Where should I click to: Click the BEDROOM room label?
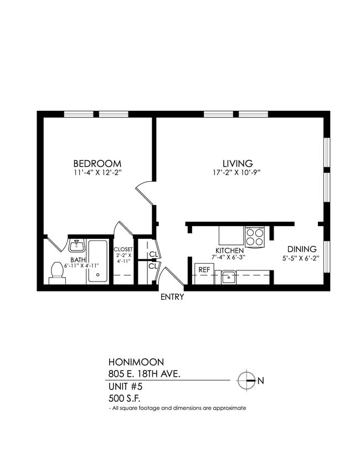coord(97,163)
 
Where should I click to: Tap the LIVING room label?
coord(238,163)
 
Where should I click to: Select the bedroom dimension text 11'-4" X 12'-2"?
coord(97,173)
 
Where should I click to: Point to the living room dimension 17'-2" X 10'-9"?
coord(238,173)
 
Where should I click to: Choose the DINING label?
coord(301,249)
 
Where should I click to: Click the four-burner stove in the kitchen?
coord(255,237)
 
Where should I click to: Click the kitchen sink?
coord(227,276)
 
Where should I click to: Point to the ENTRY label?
coord(172,297)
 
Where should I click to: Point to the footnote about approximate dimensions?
coord(177,408)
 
